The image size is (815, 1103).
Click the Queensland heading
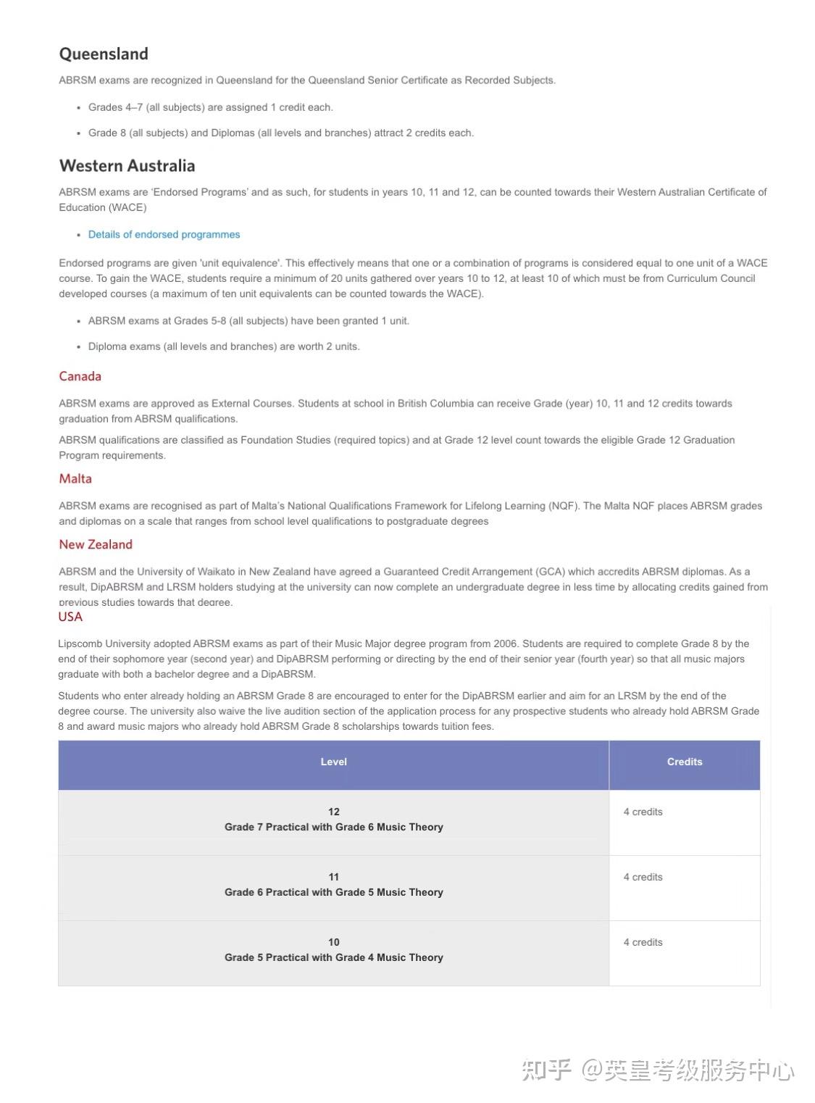click(x=104, y=54)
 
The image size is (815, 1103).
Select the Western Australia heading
click(x=127, y=166)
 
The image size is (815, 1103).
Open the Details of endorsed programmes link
click(x=164, y=235)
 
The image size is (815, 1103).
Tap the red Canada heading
click(x=80, y=376)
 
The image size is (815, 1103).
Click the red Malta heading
click(x=75, y=478)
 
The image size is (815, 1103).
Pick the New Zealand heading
click(x=96, y=544)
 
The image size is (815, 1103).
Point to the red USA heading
click(x=70, y=617)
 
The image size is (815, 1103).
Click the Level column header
click(x=333, y=762)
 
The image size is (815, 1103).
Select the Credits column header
click(x=685, y=762)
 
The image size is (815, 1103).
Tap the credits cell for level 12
click(x=643, y=812)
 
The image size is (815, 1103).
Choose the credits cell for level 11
click(x=643, y=878)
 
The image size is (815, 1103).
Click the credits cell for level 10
click(x=643, y=943)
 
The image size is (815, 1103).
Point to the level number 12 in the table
click(x=333, y=812)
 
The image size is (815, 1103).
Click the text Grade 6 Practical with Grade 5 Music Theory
click(x=333, y=892)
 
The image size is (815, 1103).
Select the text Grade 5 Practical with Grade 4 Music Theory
click(x=333, y=957)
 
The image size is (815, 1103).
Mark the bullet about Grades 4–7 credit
click(x=210, y=107)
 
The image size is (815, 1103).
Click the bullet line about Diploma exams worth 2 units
click(x=224, y=346)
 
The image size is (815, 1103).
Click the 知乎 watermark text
click(x=547, y=1070)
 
